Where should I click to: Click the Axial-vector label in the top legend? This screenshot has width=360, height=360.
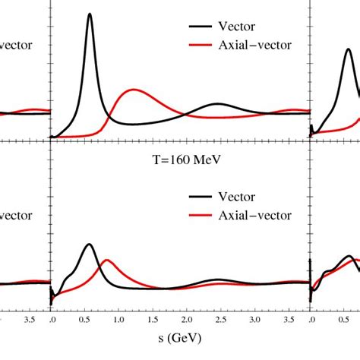click(257, 45)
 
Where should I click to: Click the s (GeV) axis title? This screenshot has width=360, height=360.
click(179, 336)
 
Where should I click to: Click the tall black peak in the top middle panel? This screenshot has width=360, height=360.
click(90, 14)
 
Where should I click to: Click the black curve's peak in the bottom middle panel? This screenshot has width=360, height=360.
click(90, 245)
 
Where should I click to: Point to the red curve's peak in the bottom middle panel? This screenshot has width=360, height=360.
click(107, 261)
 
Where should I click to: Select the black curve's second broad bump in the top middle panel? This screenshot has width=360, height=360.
click(217, 103)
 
